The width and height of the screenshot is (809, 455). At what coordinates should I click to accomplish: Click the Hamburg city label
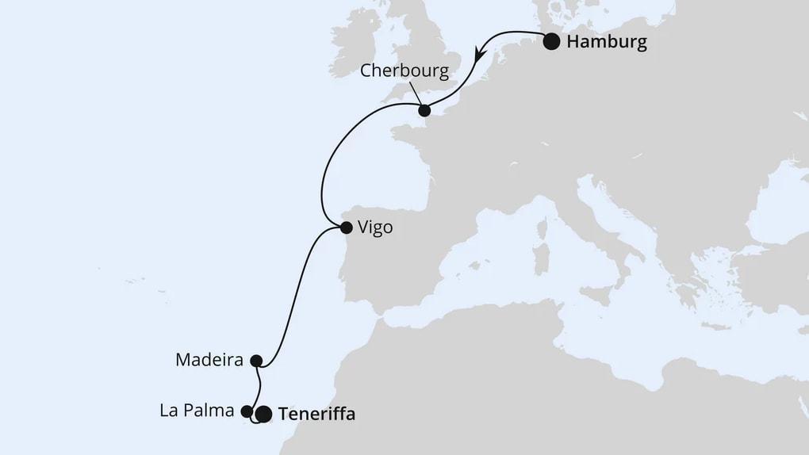[607, 42]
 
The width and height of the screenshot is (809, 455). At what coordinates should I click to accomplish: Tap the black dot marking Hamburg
[552, 42]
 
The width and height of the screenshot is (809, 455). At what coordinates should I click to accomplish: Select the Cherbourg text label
[404, 71]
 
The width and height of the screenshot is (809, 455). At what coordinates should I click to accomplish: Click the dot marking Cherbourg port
[424, 110]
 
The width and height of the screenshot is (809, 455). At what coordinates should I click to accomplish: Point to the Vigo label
[376, 228]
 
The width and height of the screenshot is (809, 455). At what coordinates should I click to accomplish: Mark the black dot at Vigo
[346, 228]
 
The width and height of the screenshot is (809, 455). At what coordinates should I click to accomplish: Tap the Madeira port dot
[255, 361]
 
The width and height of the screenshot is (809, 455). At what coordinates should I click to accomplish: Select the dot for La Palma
[247, 411]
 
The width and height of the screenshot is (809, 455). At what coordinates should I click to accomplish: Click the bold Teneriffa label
[317, 414]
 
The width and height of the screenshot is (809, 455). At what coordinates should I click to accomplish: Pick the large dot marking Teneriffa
[264, 414]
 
